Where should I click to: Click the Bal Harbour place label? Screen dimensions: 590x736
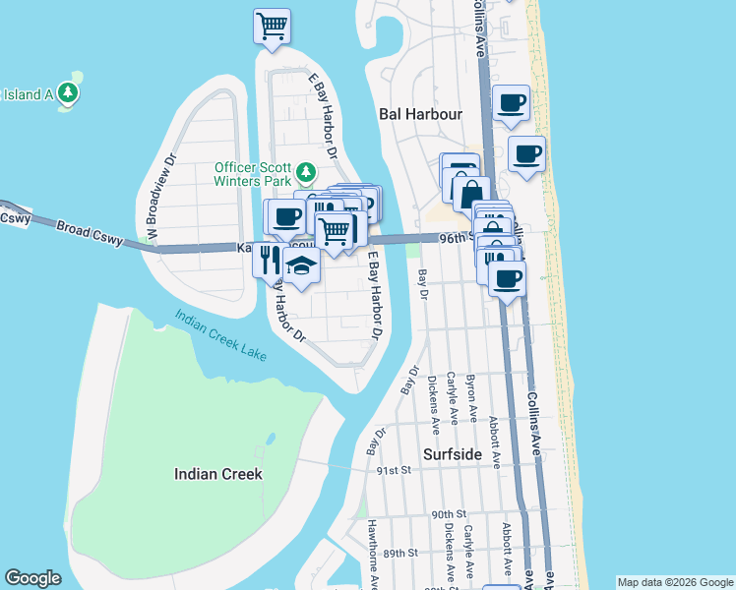click(x=420, y=114)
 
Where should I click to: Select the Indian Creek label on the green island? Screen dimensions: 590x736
click(x=217, y=473)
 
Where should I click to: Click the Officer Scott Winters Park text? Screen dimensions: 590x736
click(x=255, y=173)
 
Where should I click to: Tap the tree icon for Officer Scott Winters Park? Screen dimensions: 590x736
click(x=306, y=173)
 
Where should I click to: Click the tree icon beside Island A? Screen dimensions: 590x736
click(x=68, y=93)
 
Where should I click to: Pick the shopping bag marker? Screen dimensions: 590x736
click(x=472, y=193)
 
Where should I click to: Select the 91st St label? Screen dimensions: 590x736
click(x=393, y=471)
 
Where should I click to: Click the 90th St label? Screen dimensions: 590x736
click(x=448, y=514)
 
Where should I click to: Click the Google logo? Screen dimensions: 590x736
click(x=32, y=578)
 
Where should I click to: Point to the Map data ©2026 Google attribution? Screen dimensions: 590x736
click(x=674, y=582)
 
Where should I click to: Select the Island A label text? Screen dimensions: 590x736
click(x=26, y=94)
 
